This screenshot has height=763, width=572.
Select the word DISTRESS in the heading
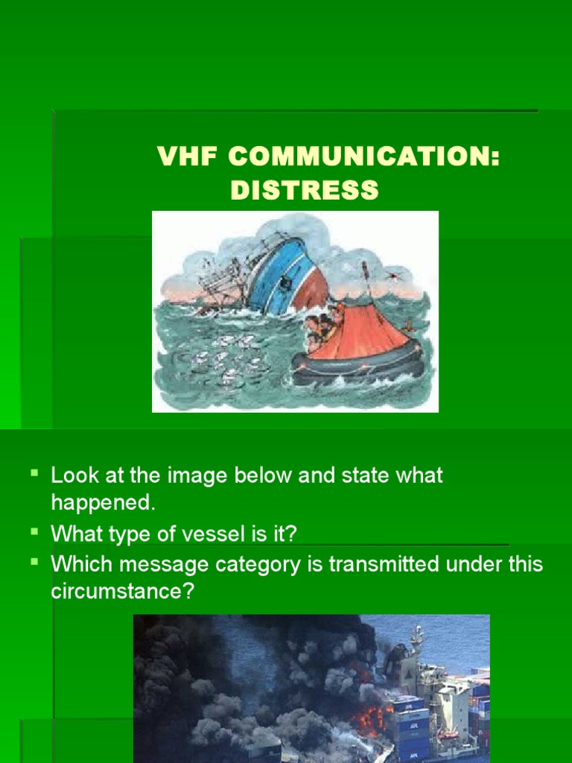point(305,190)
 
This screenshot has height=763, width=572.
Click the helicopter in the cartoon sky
point(392,275)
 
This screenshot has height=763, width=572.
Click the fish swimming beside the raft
point(223,358)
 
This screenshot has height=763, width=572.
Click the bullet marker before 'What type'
point(34,531)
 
